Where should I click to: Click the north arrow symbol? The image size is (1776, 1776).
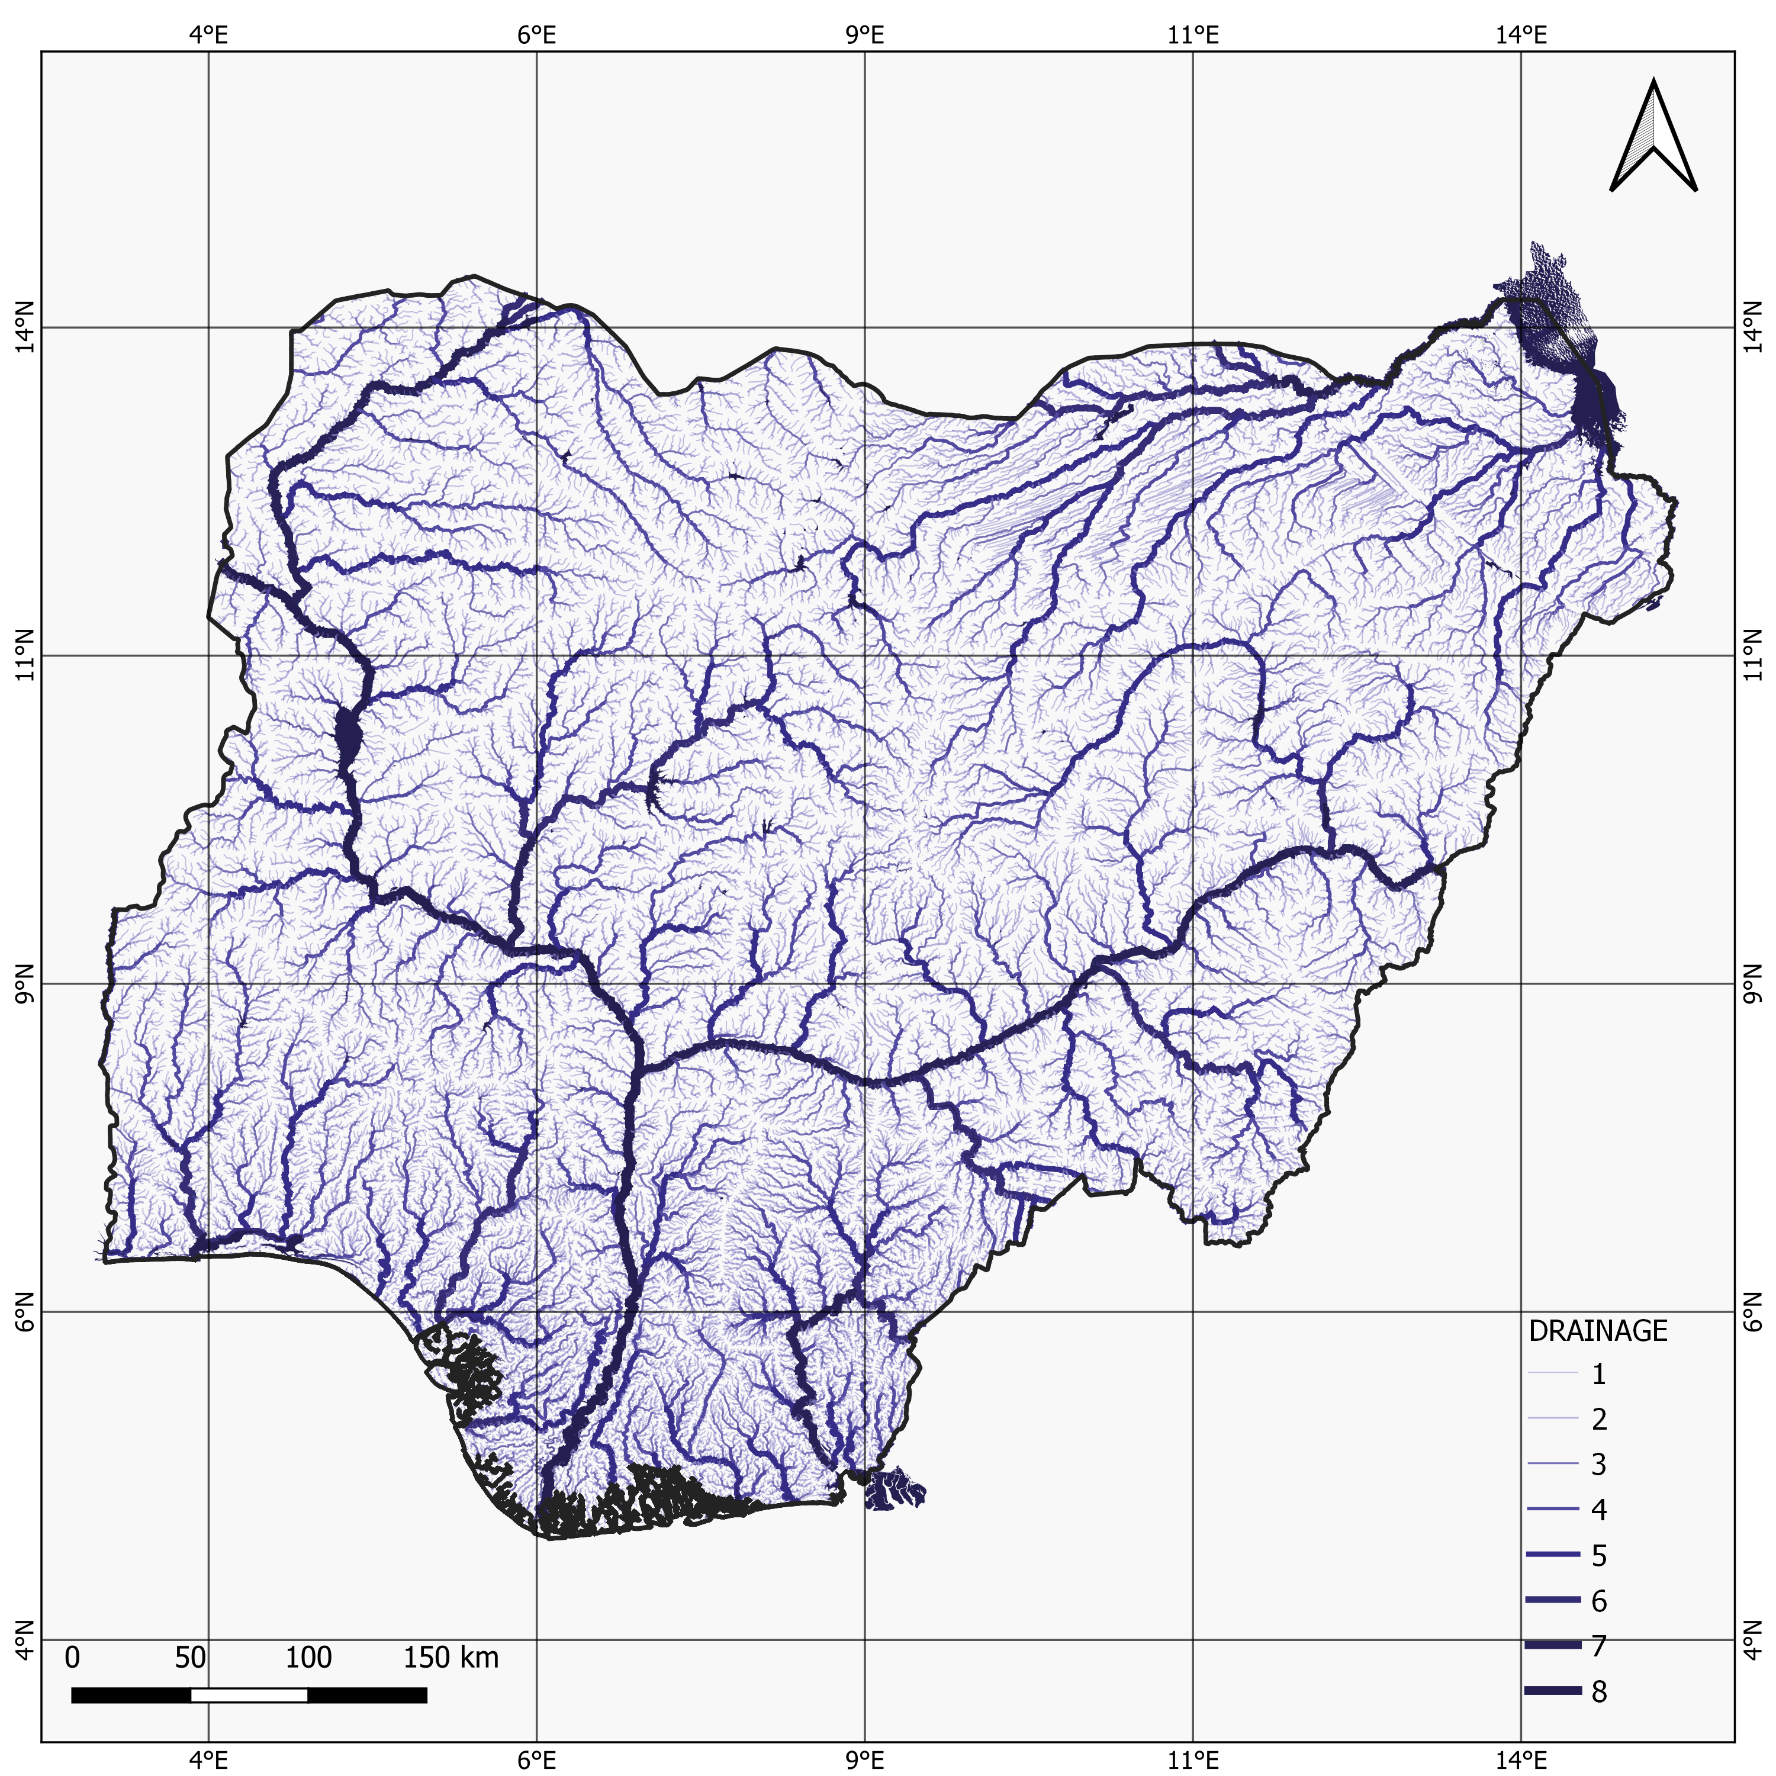(1653, 139)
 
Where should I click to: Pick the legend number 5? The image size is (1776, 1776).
(1600, 1555)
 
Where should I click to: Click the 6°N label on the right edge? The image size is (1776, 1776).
(1752, 1312)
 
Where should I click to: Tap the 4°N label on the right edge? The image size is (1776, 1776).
(1752, 1639)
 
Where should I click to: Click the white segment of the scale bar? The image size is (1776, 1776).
(249, 1694)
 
